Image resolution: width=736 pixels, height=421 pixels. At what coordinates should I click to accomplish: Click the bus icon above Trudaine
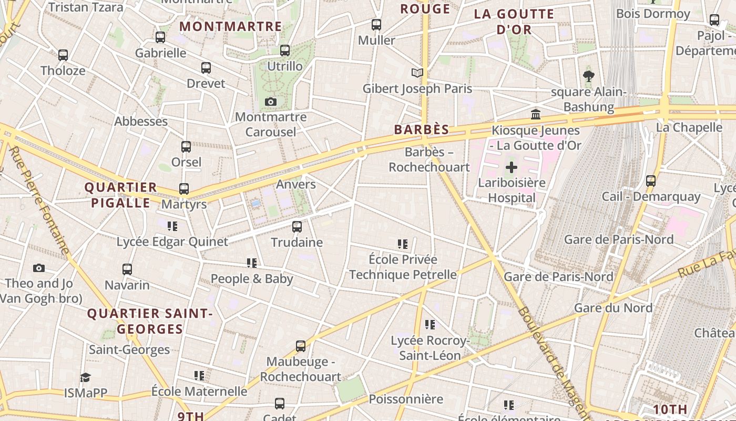point(297,227)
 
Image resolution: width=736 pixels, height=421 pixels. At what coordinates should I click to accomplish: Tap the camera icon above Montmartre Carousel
point(271,102)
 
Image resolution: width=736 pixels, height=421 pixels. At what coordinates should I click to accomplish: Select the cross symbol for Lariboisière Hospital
point(511,168)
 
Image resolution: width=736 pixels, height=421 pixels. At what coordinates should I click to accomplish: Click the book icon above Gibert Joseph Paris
point(417,73)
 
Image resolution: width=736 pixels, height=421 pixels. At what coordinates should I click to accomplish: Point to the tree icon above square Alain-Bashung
point(589,76)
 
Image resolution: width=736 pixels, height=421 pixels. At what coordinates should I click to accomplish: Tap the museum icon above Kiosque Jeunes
point(536,114)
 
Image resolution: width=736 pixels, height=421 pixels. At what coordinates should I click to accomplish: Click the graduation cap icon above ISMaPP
point(85,377)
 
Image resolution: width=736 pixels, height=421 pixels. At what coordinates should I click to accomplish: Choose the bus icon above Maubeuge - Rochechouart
point(301,346)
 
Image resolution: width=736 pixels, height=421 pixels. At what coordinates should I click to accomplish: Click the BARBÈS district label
point(422,129)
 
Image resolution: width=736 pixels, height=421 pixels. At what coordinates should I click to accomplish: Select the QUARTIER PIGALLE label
point(121,195)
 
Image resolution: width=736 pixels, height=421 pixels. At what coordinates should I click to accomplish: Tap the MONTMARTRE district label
point(231,26)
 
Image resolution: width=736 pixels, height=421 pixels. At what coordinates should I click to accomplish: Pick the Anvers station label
point(296,184)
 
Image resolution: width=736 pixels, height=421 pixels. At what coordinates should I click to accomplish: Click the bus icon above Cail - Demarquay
point(651,181)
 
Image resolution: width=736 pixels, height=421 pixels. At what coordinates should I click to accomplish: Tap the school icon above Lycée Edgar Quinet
point(172,226)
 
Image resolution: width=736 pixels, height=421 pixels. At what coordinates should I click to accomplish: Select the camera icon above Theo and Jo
point(38,268)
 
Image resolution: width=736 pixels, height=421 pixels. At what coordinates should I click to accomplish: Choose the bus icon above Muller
point(376,24)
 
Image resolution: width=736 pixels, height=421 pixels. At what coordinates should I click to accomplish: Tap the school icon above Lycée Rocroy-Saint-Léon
point(430,325)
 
